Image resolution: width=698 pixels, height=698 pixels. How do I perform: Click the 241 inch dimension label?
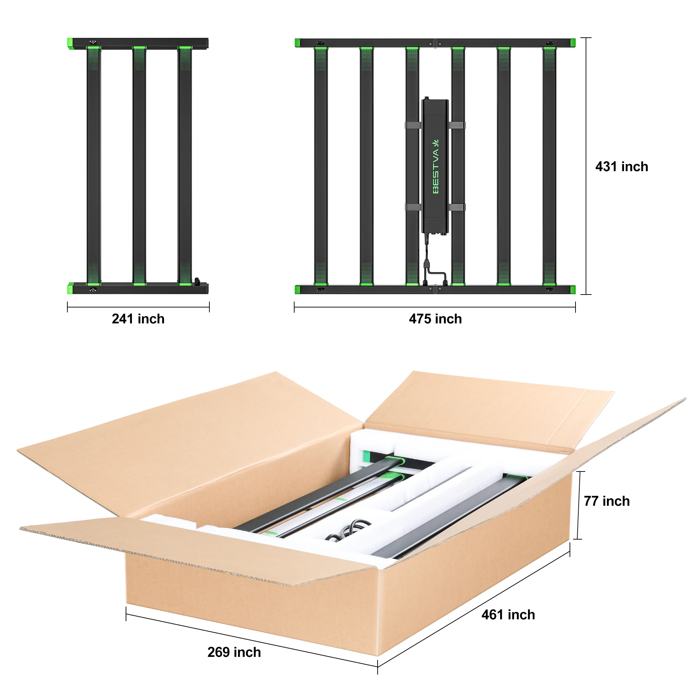pos(138,319)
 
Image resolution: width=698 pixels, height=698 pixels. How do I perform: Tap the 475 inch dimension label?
pos(435,319)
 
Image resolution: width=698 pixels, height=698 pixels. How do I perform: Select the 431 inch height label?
pos(622,166)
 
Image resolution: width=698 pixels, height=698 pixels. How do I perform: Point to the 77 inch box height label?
pos(607,501)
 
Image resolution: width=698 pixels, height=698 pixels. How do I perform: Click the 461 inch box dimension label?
pos(508,615)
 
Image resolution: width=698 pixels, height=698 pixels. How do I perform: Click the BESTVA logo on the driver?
pos(436,166)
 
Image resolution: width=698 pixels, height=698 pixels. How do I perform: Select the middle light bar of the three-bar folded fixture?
pos(139,166)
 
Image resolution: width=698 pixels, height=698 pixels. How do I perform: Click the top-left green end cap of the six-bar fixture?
pos(297,43)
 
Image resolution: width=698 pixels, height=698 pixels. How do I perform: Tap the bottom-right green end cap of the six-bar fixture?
pos(573,290)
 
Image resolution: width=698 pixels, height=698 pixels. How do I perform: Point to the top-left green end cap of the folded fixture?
pos(70,43)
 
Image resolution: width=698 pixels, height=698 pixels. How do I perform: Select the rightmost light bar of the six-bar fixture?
pos(549,166)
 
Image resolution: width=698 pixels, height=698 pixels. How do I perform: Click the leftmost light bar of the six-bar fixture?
pos(321,166)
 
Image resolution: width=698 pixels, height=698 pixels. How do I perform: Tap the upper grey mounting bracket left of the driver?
pos(413,125)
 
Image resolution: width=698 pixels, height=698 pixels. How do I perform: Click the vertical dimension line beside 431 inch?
pos(586,166)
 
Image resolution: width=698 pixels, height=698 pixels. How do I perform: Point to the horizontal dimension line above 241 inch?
pos(138,307)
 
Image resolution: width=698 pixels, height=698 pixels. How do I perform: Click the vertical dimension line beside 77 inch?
pos(579,506)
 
